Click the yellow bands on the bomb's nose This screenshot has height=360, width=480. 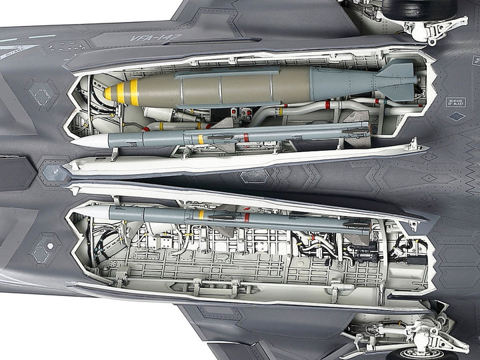124,92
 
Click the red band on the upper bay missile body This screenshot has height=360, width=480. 245,137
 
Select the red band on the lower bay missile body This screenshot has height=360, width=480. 246,217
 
